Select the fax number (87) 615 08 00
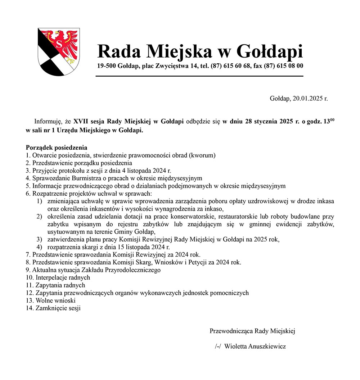(x=283, y=66)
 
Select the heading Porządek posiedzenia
(x=57, y=148)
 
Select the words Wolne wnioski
(x=50, y=300)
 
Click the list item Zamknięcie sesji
(x=58, y=308)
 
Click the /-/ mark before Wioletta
(x=217, y=346)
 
